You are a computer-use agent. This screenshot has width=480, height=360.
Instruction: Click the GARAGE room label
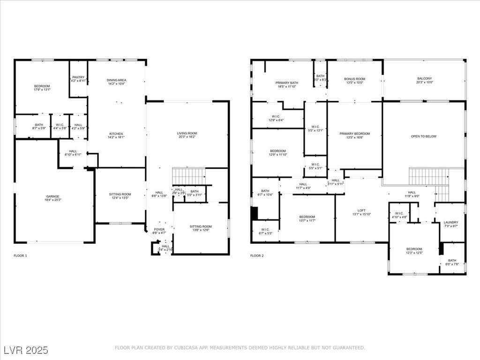click(x=52, y=196)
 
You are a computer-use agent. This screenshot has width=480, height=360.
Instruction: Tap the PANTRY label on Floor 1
click(x=78, y=77)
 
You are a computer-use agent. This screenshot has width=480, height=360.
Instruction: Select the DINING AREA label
click(x=117, y=80)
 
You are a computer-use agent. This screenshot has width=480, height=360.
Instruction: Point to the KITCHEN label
click(x=116, y=133)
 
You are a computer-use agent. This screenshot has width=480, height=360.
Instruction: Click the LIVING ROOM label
click(x=187, y=134)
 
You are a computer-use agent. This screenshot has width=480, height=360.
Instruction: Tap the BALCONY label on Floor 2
click(x=424, y=78)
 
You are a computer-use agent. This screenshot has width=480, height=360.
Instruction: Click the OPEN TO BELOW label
click(x=423, y=136)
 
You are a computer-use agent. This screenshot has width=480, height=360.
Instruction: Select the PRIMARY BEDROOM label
click(x=354, y=134)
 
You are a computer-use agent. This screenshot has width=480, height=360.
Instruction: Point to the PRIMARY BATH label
click(x=286, y=82)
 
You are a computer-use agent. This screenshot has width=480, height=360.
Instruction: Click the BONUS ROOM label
click(x=354, y=79)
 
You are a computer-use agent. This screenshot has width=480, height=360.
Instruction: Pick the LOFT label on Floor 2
click(x=361, y=210)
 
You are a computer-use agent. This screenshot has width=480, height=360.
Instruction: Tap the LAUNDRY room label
click(x=450, y=223)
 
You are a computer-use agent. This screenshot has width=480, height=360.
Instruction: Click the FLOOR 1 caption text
click(x=21, y=256)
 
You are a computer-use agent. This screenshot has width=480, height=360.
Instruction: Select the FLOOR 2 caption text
click(x=257, y=256)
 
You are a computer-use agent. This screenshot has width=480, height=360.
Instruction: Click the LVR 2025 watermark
click(x=25, y=350)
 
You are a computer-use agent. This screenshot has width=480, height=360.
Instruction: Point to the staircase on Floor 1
click(x=189, y=176)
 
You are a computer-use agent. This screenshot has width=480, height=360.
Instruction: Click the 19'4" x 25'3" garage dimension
click(x=52, y=200)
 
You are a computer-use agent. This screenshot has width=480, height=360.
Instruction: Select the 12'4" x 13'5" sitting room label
click(x=120, y=197)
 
